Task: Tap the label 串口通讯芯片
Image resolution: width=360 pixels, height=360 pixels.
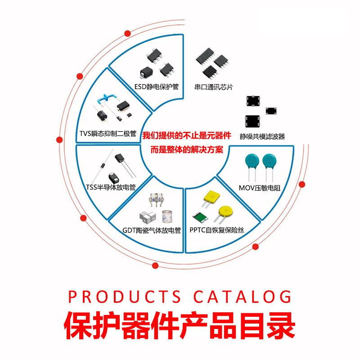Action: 214,87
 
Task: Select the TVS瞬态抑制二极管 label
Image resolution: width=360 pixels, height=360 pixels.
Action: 108,134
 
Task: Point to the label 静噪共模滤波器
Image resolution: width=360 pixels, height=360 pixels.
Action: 262,136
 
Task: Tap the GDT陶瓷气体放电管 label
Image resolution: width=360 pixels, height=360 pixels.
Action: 152,230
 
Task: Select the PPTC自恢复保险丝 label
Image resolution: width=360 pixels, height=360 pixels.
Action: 217,230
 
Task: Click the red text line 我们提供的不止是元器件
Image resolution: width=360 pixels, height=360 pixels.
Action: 187,135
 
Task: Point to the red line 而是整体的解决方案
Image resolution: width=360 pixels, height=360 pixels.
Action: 187,150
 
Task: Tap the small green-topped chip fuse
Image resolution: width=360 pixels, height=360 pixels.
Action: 200,217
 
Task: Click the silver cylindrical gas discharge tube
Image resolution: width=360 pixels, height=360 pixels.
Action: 167,216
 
